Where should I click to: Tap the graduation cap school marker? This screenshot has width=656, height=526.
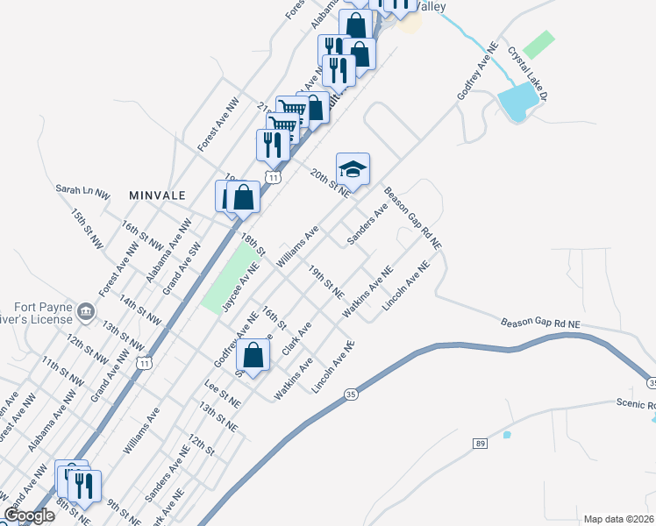coord(353,169)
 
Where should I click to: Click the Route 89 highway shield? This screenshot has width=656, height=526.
coord(481,444)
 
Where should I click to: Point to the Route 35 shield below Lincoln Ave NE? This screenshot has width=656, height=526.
coord(350,394)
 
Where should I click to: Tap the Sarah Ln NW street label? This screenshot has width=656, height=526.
coord(82,188)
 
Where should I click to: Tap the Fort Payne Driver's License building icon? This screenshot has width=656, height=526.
coord(86,310)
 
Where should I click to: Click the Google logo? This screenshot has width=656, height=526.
coord(29,515)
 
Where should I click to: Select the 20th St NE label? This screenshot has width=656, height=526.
coord(330,183)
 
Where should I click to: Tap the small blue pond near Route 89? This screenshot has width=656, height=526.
coord(507,434)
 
